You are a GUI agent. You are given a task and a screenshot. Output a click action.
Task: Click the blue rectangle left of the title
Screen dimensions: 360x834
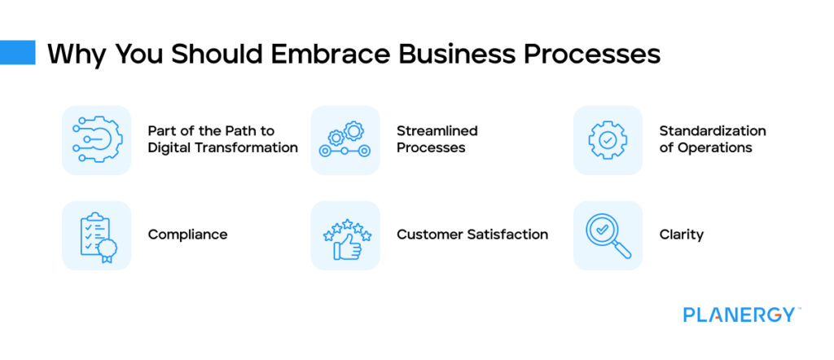pos(18,53)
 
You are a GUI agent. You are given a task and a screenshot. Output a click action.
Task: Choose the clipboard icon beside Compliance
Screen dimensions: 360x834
pos(96,235)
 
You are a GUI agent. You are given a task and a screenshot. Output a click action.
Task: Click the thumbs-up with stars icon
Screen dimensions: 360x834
pos(345,235)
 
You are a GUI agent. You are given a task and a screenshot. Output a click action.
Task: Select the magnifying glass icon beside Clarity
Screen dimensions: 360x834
pos(608,235)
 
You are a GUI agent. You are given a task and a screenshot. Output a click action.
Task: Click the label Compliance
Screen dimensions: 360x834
pos(187,235)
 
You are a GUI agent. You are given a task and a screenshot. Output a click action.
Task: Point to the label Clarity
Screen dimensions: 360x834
pos(681,235)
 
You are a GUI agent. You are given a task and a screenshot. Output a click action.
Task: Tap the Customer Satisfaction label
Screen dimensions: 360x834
pos(472,235)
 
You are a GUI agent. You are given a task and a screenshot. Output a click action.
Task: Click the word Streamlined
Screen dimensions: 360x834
pos(437,131)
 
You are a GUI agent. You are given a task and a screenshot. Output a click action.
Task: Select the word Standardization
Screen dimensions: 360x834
pos(712,131)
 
